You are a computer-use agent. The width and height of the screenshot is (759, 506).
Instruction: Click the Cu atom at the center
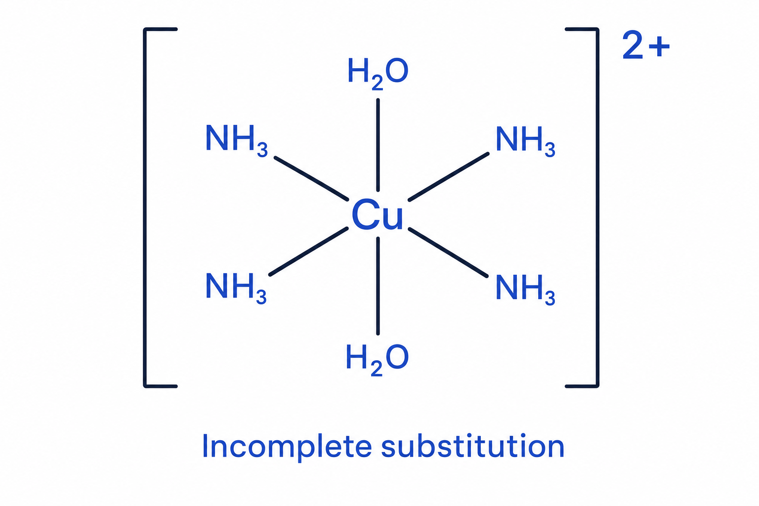point(378,215)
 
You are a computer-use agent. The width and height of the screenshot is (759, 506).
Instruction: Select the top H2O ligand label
point(378,73)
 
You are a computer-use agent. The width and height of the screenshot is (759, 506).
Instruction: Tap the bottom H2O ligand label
point(377,360)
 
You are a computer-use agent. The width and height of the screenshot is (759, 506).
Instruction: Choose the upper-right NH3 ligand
point(525,141)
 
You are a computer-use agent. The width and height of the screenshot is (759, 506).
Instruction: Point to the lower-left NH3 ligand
point(236,289)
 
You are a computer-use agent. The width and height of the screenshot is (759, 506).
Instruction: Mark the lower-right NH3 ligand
point(525,290)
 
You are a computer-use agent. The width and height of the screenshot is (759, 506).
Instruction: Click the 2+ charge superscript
point(646,45)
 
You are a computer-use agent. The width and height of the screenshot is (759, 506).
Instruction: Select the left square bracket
point(145,208)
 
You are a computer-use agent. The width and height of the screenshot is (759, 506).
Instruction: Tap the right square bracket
point(597,208)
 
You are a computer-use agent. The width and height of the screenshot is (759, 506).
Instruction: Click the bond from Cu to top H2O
point(378,145)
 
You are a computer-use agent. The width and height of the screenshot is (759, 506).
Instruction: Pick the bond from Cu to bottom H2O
point(378,286)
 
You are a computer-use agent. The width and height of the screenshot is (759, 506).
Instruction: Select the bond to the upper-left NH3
point(311,178)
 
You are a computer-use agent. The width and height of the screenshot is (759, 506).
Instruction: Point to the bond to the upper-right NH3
point(449,177)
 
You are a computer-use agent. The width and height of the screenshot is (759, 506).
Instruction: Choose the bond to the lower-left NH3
point(309,252)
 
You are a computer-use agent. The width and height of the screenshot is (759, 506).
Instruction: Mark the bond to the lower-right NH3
point(448,253)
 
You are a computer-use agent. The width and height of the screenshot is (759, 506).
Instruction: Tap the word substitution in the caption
point(473,446)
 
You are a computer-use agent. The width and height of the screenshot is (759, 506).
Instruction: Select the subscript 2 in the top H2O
point(377,84)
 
